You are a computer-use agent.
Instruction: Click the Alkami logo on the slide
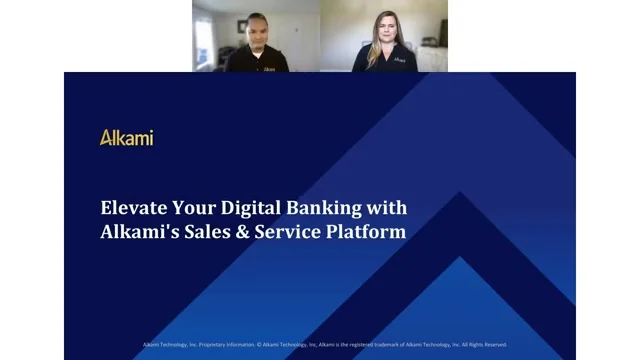point(126,138)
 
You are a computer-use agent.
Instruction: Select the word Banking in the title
point(326,210)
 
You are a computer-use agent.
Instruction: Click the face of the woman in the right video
point(384,26)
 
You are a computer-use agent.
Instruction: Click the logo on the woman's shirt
point(400,59)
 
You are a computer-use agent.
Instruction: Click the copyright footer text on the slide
point(324,345)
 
